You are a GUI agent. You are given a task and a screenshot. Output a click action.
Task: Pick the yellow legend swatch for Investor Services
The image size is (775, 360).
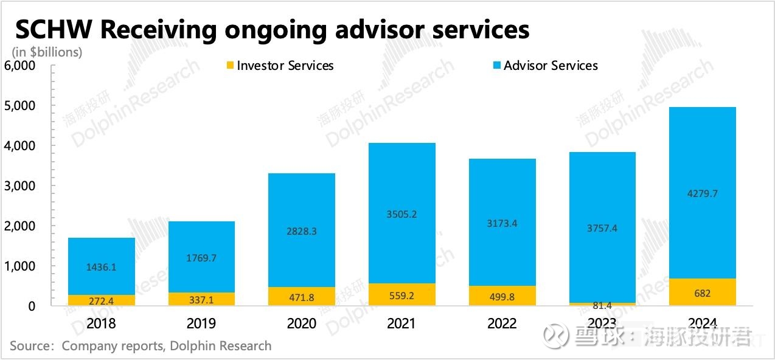coord(229,66)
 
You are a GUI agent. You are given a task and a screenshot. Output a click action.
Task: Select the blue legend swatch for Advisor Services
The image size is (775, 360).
coord(496,66)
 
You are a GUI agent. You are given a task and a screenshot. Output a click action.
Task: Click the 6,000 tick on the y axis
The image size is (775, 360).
coord(20,66)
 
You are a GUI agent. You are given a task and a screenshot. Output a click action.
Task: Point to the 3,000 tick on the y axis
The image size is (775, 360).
coord(20,186)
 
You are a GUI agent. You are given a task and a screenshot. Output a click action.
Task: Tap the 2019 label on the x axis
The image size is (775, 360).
coord(201,323)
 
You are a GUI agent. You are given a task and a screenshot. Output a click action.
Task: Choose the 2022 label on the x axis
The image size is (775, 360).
coord(502,323)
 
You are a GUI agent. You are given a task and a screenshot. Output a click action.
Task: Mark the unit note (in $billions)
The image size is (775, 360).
coord(47,52)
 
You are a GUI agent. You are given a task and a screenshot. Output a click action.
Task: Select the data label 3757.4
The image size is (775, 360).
coord(602,228)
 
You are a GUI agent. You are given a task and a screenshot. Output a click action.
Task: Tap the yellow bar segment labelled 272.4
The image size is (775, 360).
coord(101,300)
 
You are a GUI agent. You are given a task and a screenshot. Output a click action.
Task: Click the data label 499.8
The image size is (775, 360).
coord(502,296)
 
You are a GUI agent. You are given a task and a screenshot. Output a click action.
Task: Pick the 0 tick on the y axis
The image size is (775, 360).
coord(30,306)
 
